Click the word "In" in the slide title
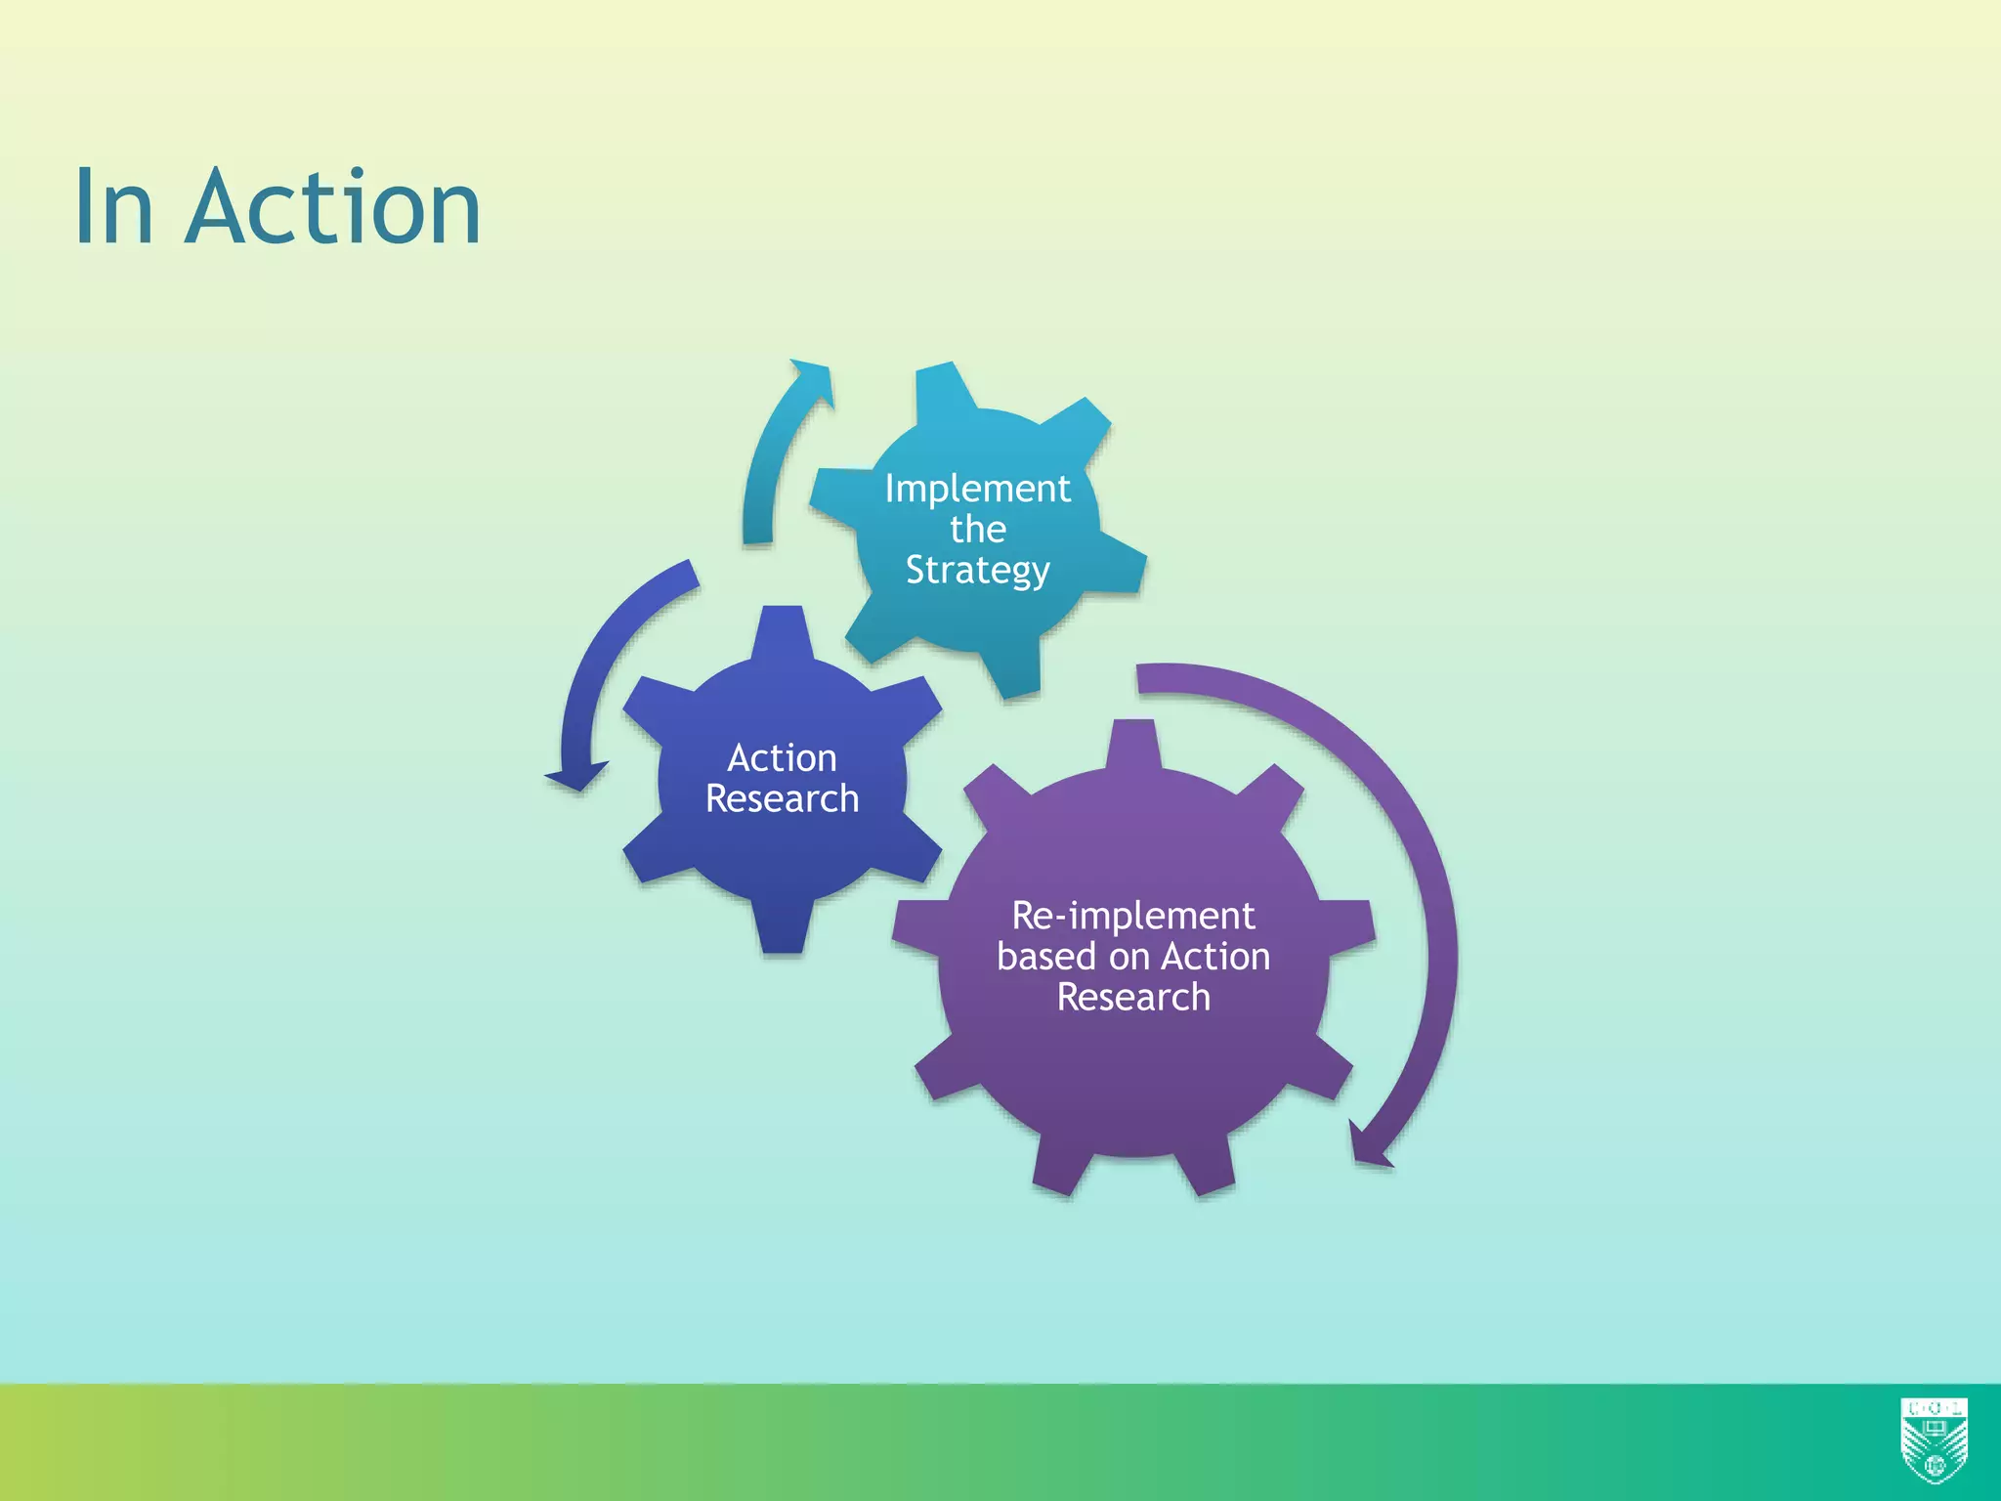114,207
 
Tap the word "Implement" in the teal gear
977,489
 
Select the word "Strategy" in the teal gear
977,571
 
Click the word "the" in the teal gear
977,530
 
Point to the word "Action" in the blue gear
782,758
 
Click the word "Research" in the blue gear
782,799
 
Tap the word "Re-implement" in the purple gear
1132,917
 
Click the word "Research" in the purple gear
1133,998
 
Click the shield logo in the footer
1934,1439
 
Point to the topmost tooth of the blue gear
782,630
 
